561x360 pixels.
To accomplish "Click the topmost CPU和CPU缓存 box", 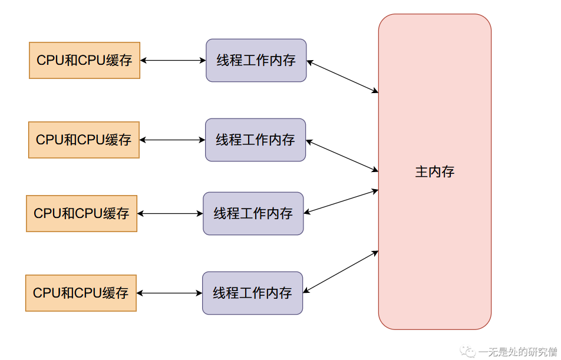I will [x=84, y=60].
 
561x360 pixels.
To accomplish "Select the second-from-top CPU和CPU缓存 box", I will [x=84, y=140].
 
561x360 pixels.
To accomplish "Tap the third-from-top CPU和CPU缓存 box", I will [x=81, y=213].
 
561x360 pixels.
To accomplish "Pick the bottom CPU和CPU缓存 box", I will [x=81, y=293].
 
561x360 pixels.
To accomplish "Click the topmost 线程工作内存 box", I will [x=256, y=60].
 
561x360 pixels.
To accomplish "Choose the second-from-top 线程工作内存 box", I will [x=255, y=140].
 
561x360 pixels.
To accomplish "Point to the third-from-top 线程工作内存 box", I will [x=253, y=213].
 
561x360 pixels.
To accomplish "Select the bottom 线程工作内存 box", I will [x=252, y=293].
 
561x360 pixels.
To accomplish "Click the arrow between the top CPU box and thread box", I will [x=173, y=60].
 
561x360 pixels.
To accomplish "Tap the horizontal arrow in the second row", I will [x=172, y=140].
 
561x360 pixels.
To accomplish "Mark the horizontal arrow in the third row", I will [x=170, y=213].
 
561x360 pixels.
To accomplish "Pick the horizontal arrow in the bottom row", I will [x=169, y=293].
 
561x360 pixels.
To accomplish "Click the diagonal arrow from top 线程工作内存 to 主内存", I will [x=342, y=76].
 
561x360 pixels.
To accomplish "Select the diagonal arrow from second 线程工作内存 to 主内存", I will [x=342, y=156].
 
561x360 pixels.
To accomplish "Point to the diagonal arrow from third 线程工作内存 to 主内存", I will [x=341, y=202].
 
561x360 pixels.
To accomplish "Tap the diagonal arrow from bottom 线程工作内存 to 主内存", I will [x=340, y=272].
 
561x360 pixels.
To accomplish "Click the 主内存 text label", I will [x=435, y=172].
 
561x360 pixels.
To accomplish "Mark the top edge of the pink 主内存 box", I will [x=435, y=15].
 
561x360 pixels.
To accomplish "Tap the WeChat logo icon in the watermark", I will [x=470, y=352].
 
